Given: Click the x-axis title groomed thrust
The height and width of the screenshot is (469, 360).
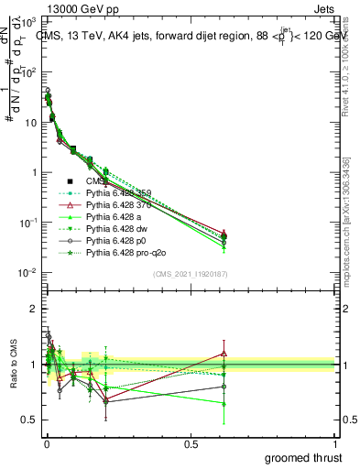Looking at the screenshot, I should [304, 457].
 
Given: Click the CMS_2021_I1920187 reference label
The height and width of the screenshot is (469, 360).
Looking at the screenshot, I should [189, 274].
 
